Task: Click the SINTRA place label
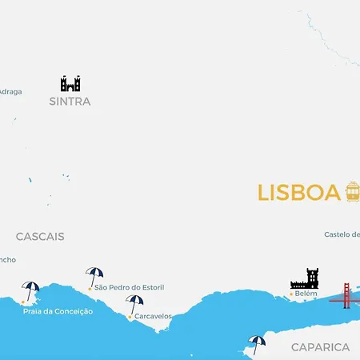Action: pos(70,102)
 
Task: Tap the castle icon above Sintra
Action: pos(70,83)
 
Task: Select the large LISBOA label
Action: pos(298,193)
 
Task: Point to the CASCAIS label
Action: pos(40,237)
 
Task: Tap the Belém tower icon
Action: pos(305,278)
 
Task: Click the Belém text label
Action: pos(306,294)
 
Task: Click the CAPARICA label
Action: pos(320,347)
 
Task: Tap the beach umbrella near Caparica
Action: pos(257,343)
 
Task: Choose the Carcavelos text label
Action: pos(153,316)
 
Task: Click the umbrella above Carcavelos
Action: pos(134,304)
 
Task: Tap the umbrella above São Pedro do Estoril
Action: pos(94,276)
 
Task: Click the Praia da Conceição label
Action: pos(58,311)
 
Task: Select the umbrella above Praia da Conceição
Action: pos(31,290)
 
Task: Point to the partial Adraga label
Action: pos(10,91)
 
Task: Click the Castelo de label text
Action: pos(342,234)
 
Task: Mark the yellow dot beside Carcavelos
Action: pos(130,317)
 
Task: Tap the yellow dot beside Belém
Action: pos(290,294)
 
